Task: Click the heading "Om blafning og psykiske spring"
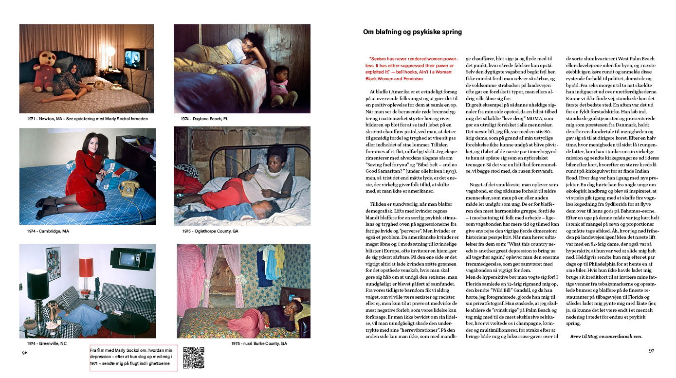412,32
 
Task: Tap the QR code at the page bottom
193,358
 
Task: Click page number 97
651,351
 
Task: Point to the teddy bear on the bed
47,71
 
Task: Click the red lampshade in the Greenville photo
86,268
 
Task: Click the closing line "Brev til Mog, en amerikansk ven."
606,336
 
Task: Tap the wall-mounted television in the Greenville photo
126,258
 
